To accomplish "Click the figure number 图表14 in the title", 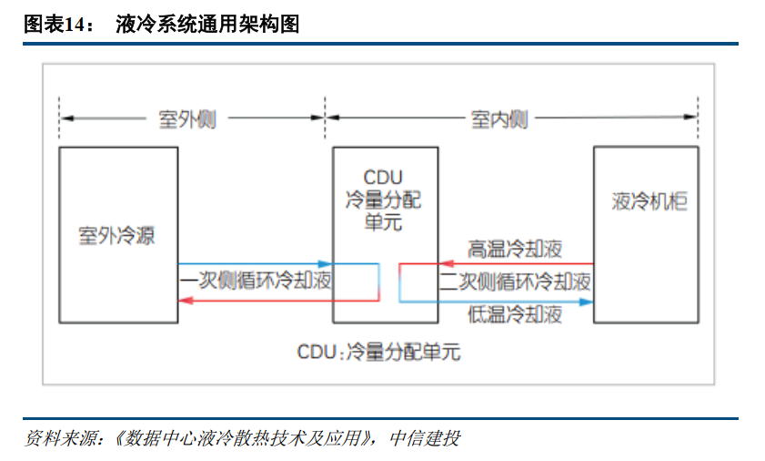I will pos(55,25).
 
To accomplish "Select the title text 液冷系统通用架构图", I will pos(207,25).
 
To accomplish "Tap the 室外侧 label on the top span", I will pos(187,119).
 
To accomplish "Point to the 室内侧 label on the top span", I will pos(499,119).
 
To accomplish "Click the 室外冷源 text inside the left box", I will pos(116,234).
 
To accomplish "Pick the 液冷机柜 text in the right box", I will pos(649,202).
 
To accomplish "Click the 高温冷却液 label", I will pos(515,249).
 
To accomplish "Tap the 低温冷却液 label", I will pos(515,315).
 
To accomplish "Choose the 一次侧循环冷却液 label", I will pos(256,282).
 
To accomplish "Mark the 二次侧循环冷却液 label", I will pos(515,282).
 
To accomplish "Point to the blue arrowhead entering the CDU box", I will pos(326,264).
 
